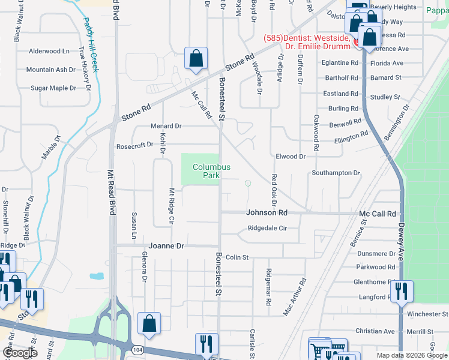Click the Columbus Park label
[x=211, y=171]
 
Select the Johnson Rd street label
[x=267, y=212]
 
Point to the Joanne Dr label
[x=166, y=246]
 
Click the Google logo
[x=20, y=353]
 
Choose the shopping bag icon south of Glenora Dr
[x=149, y=324]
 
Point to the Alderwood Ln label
[x=49, y=52]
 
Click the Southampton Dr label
[x=336, y=173]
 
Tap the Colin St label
[x=237, y=257]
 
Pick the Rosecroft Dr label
[x=135, y=146]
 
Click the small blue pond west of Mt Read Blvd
[x=96, y=277]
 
